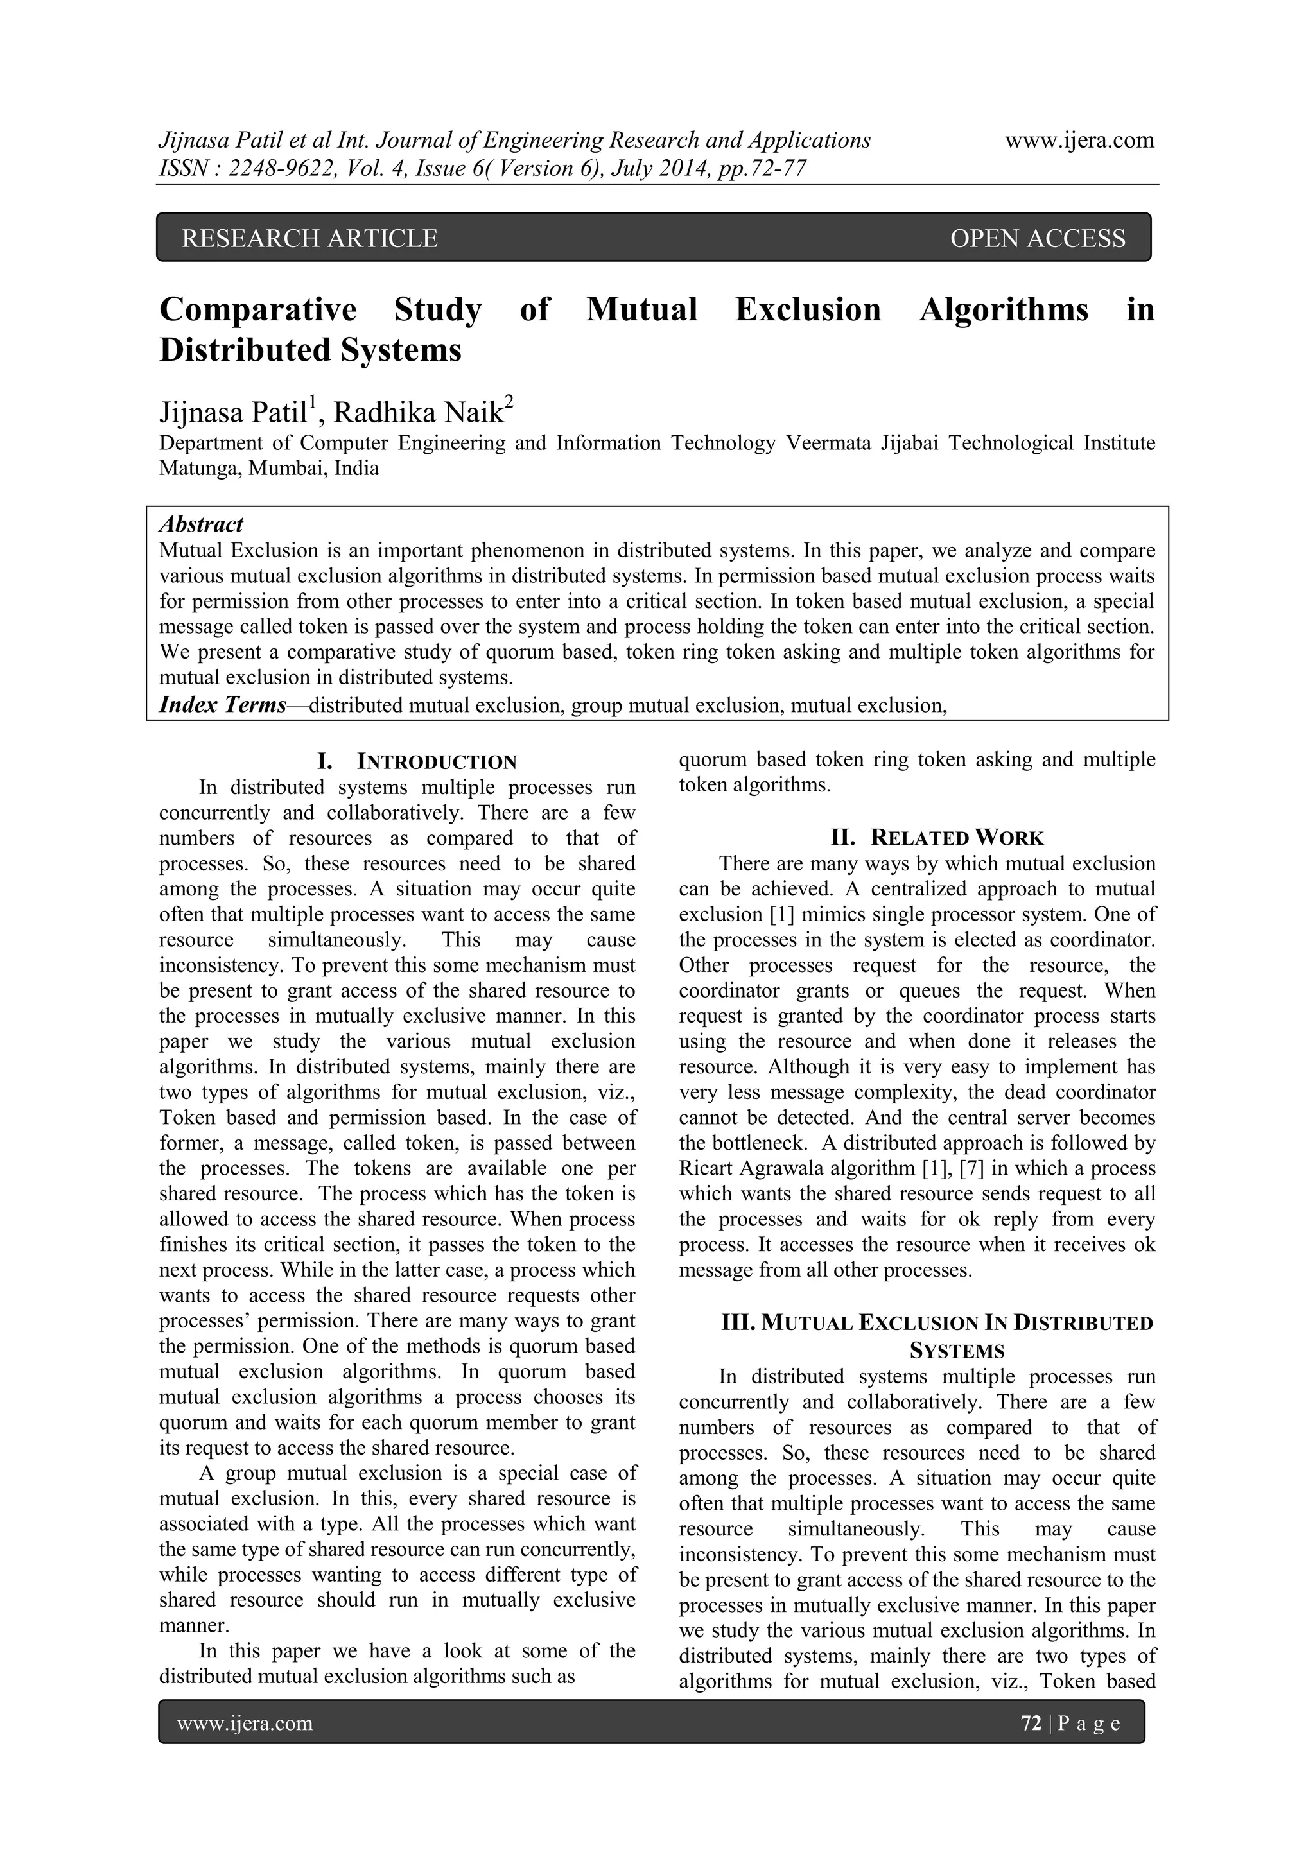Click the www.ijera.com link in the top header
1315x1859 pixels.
[x=1079, y=140]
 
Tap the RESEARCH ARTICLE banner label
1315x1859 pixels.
[x=309, y=238]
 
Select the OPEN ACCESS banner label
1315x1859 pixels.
[x=1037, y=238]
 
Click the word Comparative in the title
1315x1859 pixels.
[x=257, y=309]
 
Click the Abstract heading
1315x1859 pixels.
[x=201, y=524]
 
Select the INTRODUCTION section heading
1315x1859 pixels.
[x=437, y=762]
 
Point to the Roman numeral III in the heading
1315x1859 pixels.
[x=738, y=1323]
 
